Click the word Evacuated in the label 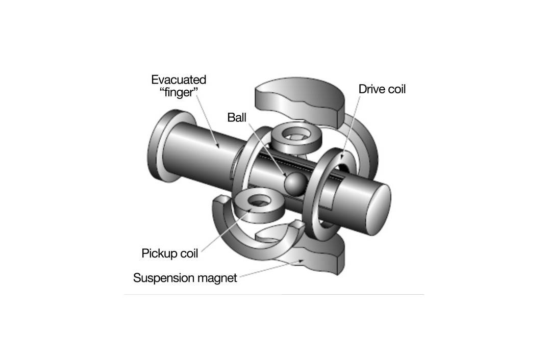[179, 80]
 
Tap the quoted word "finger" [179, 92]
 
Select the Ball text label [237, 117]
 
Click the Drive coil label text [382, 89]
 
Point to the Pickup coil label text [169, 253]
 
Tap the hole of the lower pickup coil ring [259, 200]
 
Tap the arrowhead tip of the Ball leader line [287, 176]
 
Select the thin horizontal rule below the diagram [274, 294]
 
